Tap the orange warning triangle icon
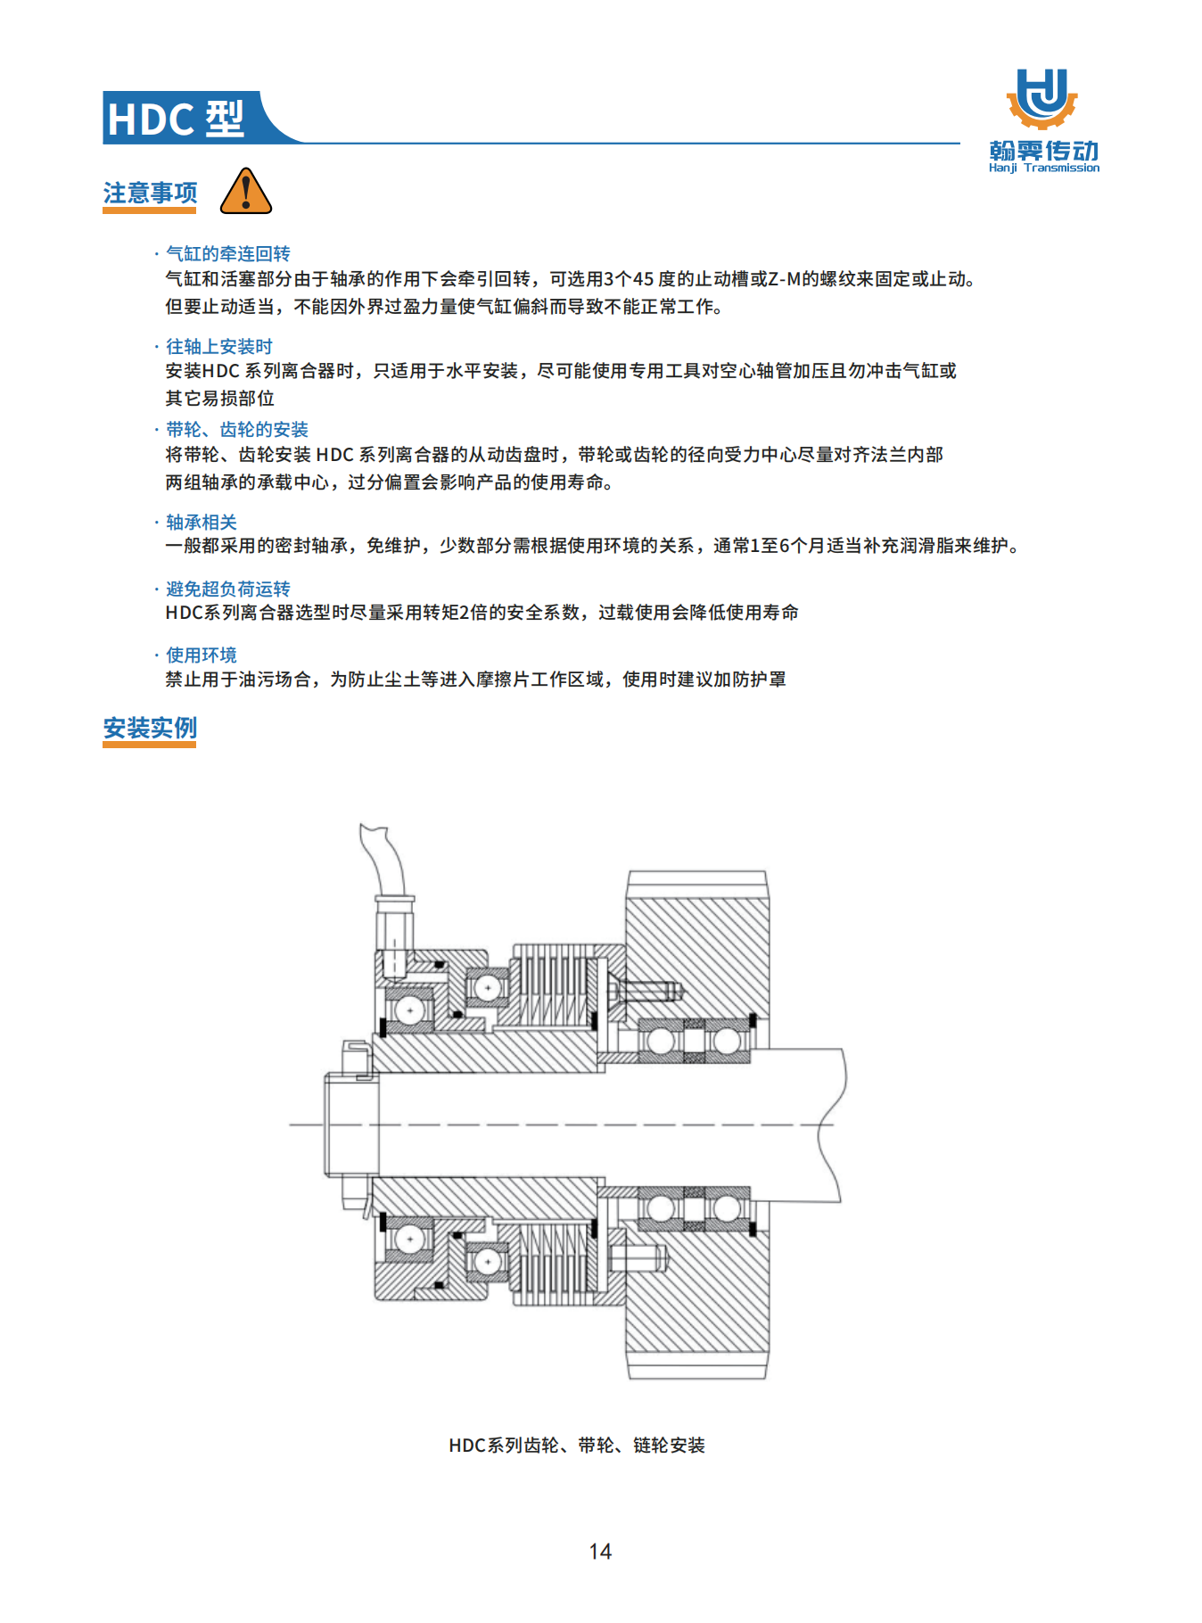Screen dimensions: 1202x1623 point(245,191)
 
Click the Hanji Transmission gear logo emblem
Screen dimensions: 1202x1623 point(1042,99)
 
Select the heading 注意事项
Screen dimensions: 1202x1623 point(150,193)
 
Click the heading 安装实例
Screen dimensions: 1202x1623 point(150,728)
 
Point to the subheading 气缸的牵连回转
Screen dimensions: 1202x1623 point(228,253)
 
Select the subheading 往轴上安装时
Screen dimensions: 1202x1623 point(219,346)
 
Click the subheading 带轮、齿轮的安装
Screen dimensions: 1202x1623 point(237,429)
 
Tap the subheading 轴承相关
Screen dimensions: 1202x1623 point(202,522)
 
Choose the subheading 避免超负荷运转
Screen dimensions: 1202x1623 point(228,589)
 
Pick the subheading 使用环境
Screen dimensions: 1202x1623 point(202,655)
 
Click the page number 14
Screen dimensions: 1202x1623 point(600,1552)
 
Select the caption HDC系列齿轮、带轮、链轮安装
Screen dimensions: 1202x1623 point(577,1445)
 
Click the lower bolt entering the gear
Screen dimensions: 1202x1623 point(638,1257)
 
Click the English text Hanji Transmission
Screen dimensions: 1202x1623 point(1043,168)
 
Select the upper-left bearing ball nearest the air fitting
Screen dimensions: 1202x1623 point(409,1010)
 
